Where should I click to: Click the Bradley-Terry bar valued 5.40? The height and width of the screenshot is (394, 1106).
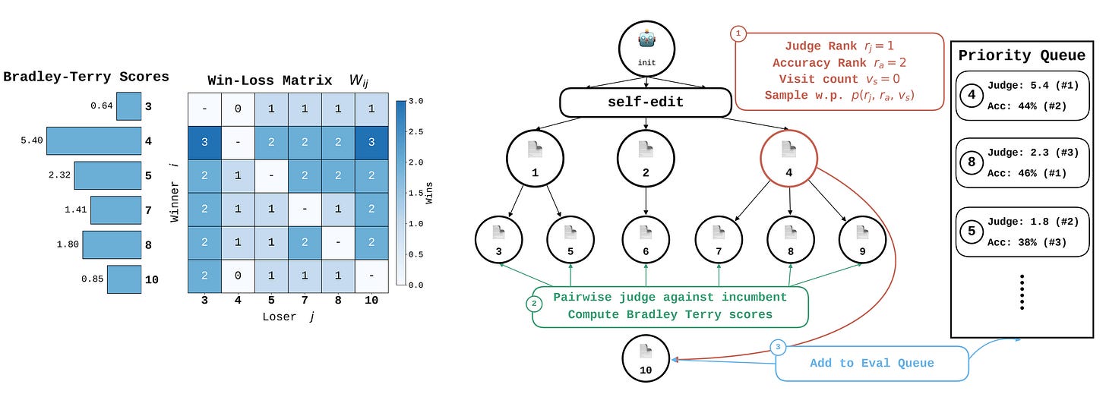click(94, 140)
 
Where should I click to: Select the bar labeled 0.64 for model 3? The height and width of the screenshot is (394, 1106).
click(129, 106)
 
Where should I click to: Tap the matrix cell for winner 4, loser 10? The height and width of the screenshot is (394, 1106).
click(371, 142)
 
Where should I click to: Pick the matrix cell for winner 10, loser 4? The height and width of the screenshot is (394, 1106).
click(238, 276)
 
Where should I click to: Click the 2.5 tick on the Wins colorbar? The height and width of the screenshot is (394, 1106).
click(416, 132)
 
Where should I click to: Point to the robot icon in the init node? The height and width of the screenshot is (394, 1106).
click(647, 39)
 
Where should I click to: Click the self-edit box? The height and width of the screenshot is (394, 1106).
click(646, 102)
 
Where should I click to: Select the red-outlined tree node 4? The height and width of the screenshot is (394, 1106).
click(789, 159)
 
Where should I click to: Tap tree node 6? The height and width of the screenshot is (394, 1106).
click(646, 240)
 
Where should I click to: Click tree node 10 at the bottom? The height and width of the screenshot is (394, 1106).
click(646, 358)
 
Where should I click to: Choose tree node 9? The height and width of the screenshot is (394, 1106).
click(863, 240)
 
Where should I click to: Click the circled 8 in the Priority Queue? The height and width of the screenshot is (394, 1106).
click(972, 162)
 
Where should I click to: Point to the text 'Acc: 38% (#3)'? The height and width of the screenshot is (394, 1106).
click(1027, 242)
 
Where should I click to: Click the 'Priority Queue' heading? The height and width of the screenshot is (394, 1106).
click(1022, 55)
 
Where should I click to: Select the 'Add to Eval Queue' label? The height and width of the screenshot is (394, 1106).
click(872, 364)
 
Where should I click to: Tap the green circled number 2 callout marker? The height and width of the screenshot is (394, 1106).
click(534, 304)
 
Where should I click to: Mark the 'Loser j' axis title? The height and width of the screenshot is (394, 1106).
click(289, 317)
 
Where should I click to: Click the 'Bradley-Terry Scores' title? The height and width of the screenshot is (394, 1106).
click(86, 77)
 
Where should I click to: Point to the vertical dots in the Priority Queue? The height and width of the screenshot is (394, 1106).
click(1022, 292)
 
